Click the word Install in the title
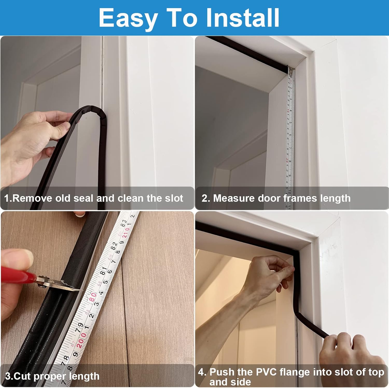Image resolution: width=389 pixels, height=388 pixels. point(242,17)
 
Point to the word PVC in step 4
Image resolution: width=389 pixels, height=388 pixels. point(267,372)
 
